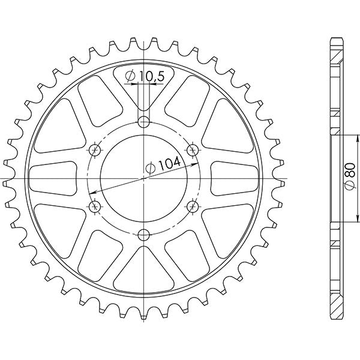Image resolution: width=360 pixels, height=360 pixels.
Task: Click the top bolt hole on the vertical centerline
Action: click(143, 122)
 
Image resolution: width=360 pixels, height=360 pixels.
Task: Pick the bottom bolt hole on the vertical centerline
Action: click(143, 235)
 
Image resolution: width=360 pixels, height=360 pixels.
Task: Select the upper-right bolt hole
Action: click(193, 149)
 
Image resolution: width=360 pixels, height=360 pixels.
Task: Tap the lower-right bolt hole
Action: click(193, 207)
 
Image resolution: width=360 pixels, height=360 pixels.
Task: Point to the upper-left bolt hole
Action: click(94, 149)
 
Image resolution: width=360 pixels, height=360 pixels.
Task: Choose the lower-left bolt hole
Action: click(94, 207)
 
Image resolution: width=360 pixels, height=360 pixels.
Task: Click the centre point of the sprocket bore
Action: click(143, 179)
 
